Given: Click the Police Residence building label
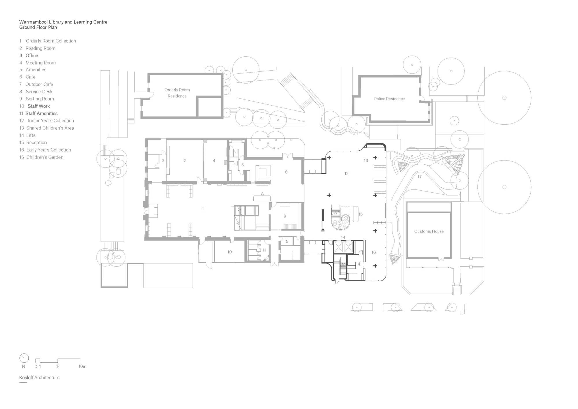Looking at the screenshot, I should [x=389, y=99].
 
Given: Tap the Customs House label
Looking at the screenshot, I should [x=429, y=231].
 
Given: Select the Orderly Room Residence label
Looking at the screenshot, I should [x=177, y=93].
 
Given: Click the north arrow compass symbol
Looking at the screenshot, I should [x=24, y=358].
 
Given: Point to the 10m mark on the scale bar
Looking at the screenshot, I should [x=82, y=366].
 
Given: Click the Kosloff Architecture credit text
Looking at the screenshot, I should [x=39, y=377].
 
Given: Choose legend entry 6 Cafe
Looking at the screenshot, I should [x=27, y=77].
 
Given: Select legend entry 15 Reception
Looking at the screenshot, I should [x=33, y=143].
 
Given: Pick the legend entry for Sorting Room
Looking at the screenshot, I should [x=37, y=99].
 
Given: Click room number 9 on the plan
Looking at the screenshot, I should [x=285, y=216].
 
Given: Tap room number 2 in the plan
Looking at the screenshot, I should [x=184, y=161].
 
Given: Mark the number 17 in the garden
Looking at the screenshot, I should [x=419, y=176].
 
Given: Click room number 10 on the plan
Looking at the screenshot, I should [x=229, y=252].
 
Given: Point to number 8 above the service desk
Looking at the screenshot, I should [x=262, y=194].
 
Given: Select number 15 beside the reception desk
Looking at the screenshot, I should [x=360, y=214].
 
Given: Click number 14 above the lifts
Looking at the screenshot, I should [x=343, y=237].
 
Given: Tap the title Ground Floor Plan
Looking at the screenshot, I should [x=38, y=27].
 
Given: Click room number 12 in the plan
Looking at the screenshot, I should [x=346, y=174].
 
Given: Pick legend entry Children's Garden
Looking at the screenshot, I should [x=41, y=157].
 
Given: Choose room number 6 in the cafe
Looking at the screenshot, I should [x=286, y=172].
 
